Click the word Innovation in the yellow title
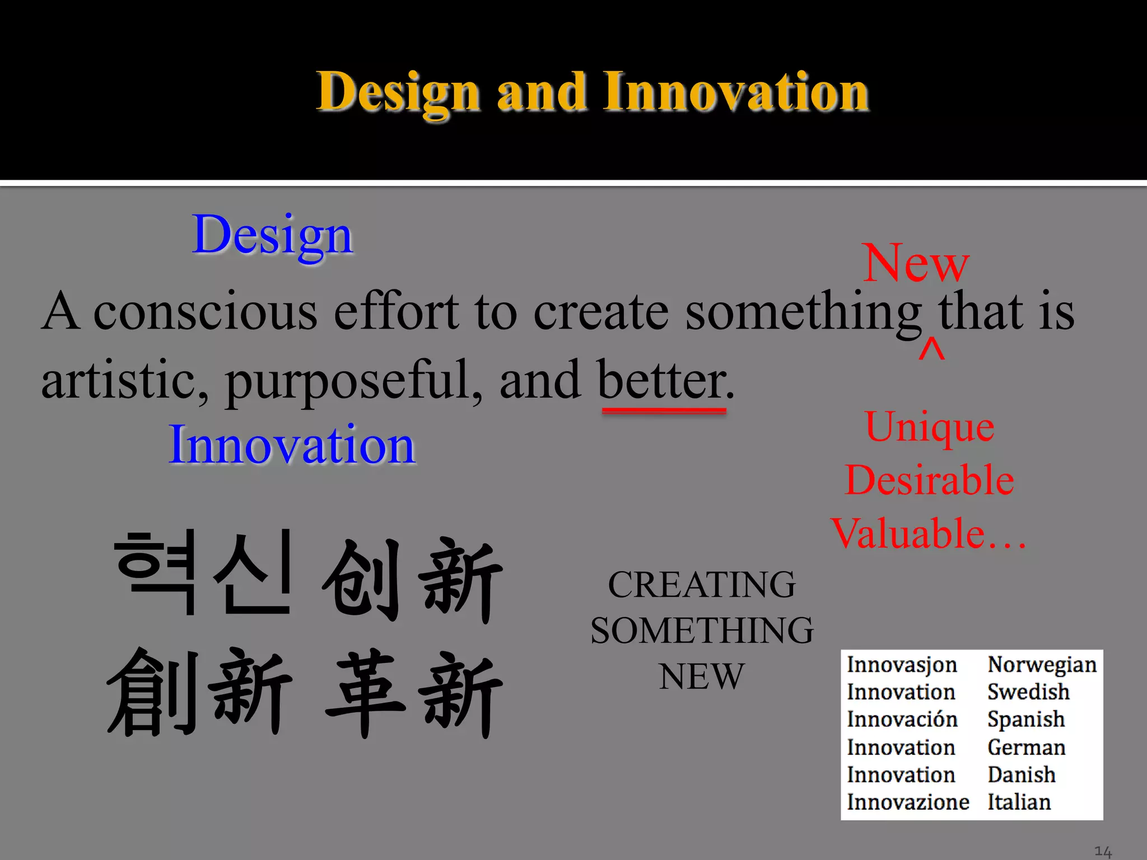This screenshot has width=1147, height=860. (x=735, y=92)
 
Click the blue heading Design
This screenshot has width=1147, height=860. (x=272, y=235)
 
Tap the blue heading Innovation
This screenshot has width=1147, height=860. (x=292, y=445)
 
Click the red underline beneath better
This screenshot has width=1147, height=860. (x=664, y=411)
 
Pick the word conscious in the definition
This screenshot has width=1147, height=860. (x=205, y=312)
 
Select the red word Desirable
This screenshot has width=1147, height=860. (x=929, y=480)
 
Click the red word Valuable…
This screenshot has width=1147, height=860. (x=928, y=534)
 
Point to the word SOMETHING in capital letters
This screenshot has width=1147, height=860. (x=702, y=631)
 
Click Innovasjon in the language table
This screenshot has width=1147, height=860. (x=902, y=665)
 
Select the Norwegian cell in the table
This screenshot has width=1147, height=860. (x=1042, y=665)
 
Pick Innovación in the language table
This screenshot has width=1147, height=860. (x=902, y=719)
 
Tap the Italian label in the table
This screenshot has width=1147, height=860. (x=1019, y=802)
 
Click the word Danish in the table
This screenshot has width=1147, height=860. (x=1021, y=775)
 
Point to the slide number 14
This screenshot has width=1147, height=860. (x=1103, y=852)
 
